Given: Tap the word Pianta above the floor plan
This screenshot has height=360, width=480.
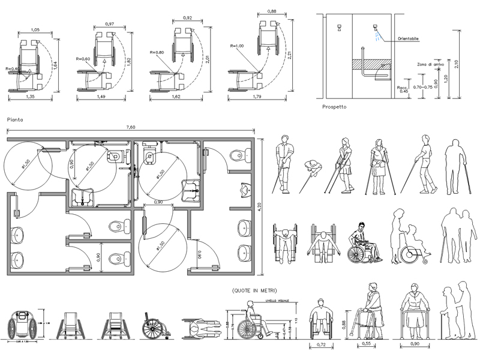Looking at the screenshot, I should pos(14,119).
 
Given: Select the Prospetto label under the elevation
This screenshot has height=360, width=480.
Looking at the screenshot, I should pos(335,107).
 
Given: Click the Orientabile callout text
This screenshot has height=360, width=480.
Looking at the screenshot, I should pos(408,40).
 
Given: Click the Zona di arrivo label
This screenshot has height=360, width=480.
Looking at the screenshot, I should pos(430,64).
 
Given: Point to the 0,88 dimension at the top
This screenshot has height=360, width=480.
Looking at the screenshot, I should pos(271,11).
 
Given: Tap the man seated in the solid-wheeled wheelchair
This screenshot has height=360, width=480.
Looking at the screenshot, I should pos(361,243).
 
